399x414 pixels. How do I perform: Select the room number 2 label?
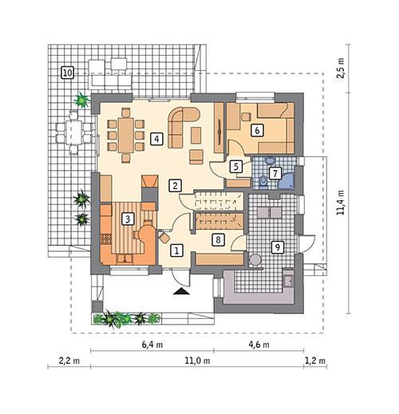[x=175, y=185]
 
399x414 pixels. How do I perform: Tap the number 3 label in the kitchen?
[x=126, y=217]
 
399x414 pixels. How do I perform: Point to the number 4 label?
[x=158, y=139]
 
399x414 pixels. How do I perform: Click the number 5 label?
[x=235, y=167]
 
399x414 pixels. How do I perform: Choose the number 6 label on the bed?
[x=257, y=131]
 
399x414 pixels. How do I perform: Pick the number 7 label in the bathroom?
[x=274, y=172]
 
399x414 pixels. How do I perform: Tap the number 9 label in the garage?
[x=277, y=246]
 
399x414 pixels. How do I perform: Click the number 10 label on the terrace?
[x=68, y=73]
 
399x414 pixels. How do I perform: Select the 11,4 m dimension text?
[x=341, y=203]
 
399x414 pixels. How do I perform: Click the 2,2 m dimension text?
[x=70, y=361]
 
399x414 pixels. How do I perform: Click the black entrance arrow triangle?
[x=183, y=292]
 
